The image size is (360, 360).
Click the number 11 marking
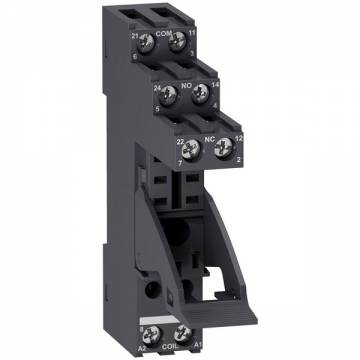coord(191,34)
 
